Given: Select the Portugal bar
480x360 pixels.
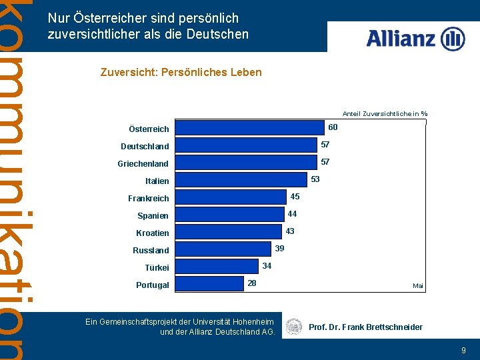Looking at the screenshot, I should point(211,283).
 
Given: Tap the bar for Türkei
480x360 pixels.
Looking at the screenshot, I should point(219,266).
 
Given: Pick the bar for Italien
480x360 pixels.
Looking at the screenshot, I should point(243,179).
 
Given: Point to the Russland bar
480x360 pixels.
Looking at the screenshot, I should point(227,249).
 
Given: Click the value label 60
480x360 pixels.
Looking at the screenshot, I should point(333,127).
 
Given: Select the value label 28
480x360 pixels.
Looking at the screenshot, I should point(252,283).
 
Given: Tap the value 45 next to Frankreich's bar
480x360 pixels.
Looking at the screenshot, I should point(295,196).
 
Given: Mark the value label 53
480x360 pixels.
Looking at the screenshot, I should point(315,179).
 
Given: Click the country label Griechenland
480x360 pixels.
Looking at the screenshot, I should point(143,163).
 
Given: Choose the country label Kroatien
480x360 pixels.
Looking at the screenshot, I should point(153,233).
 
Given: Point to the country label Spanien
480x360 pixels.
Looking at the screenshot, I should point(153,215).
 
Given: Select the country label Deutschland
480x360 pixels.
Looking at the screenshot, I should point(145,146).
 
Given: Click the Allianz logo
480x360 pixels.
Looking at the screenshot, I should point(415,38).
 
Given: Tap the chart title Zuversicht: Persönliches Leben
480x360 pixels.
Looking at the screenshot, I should point(181,72).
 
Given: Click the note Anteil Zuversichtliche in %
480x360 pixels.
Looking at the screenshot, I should point(385,113).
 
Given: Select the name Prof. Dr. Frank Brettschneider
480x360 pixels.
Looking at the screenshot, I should point(365,327).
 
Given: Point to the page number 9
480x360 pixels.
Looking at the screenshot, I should point(463,350).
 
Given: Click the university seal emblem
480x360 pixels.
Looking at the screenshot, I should point(293,327).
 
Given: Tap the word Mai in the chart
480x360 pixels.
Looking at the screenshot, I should point(418,285).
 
